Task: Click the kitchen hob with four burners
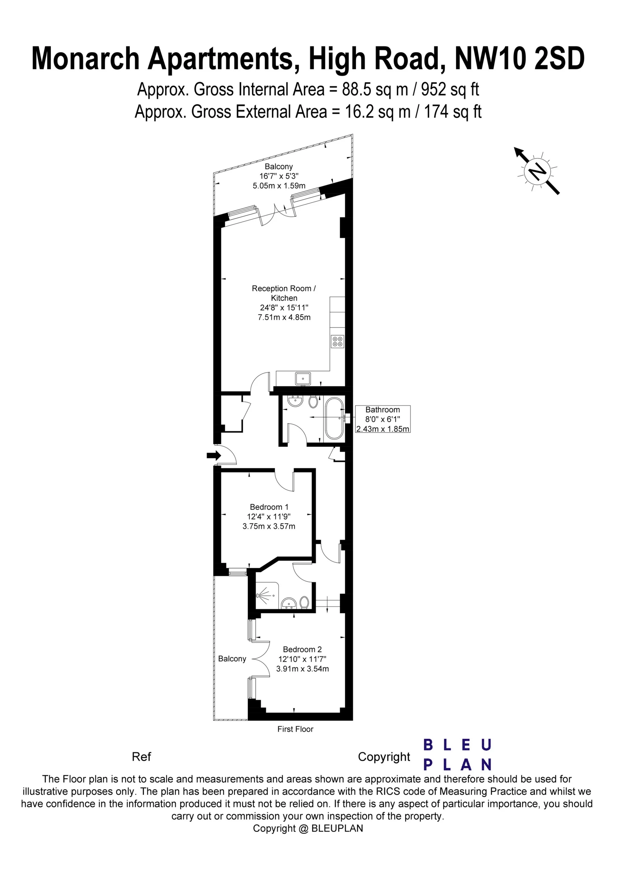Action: coord(338,341)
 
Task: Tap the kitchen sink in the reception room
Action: coord(303,379)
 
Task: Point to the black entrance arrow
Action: coord(214,455)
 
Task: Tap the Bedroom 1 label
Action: coord(269,507)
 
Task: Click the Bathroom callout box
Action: coord(382,419)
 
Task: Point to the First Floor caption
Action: coord(295,729)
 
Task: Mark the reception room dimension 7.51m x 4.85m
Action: coord(284,317)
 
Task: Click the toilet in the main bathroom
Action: coord(314,402)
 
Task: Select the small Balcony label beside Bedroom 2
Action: coord(232,659)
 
